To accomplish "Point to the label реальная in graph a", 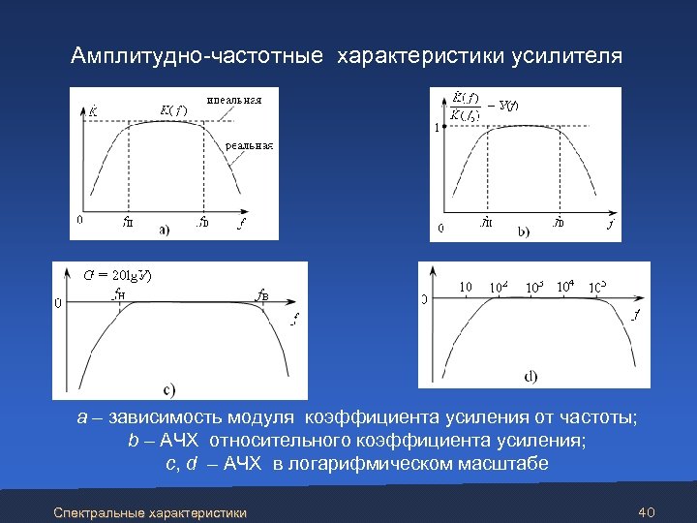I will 250,146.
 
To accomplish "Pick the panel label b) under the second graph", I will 524,231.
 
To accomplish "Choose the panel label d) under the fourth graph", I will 531,375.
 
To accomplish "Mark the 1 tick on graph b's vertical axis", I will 437,127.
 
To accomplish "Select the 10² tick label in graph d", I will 499,288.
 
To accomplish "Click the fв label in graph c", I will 261,293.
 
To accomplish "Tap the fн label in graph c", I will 117,293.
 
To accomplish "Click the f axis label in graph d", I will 635,316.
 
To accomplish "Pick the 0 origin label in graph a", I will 79,220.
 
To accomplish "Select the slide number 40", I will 649,510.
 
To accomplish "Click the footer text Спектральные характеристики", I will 150,511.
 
